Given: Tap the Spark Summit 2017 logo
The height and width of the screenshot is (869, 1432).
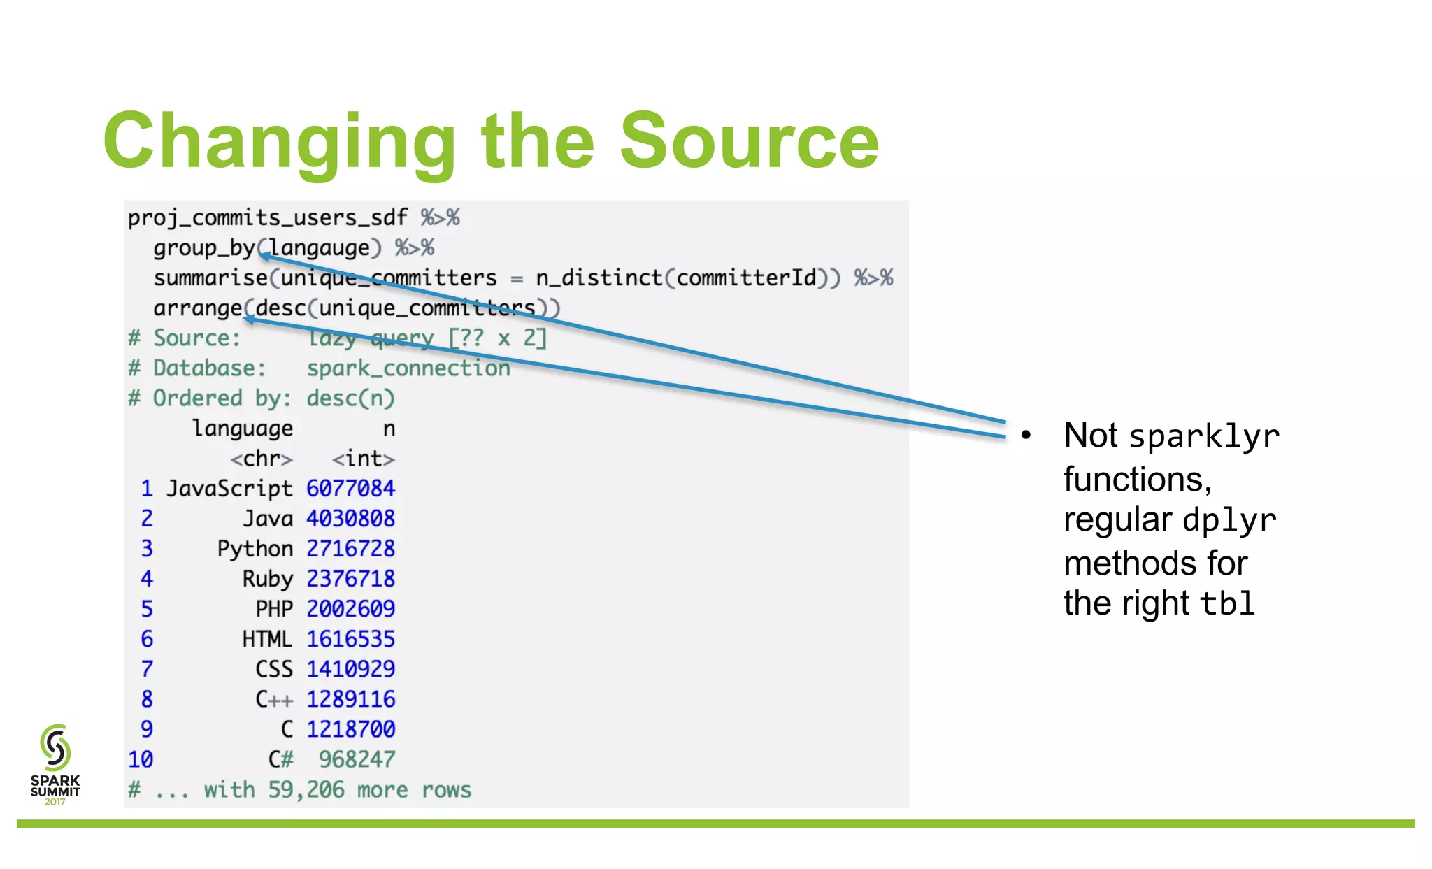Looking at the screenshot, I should [55, 765].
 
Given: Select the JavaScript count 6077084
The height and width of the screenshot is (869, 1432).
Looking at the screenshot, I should [350, 488].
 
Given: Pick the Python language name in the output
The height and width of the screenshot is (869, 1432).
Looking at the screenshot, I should [255, 549].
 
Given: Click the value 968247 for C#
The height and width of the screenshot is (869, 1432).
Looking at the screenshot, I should [357, 759].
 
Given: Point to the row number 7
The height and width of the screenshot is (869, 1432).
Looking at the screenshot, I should [147, 669].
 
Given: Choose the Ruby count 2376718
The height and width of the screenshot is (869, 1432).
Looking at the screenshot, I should [350, 579].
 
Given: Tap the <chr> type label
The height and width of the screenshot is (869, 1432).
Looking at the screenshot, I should [262, 459].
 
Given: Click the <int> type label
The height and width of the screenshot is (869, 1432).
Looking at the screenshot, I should [363, 459].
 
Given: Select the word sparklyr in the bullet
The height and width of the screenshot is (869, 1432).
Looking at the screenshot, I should [1204, 437].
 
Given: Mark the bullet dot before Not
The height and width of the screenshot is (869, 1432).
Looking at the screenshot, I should [1026, 435].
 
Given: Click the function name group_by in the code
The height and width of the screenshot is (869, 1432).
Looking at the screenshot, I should [204, 248].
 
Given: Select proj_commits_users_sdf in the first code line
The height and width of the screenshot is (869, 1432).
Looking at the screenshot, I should [267, 218].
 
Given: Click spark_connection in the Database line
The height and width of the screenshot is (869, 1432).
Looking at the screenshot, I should [408, 368].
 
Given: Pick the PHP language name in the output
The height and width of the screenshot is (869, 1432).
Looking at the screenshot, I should [274, 609].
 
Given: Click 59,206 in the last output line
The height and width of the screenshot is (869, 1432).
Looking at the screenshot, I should [306, 790].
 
